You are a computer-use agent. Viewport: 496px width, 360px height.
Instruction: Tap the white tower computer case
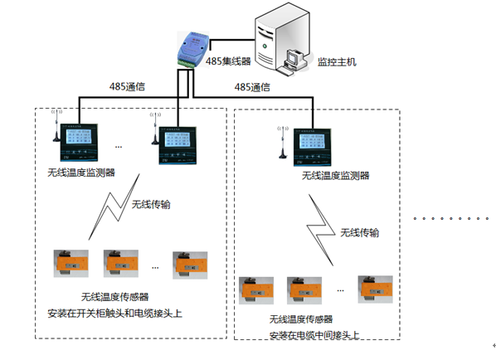pyautogui.click(x=274, y=39)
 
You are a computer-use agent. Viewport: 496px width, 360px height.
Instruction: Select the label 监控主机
pyautogui.click(x=336, y=61)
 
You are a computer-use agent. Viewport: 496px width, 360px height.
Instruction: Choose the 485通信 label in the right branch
pyautogui.click(x=255, y=86)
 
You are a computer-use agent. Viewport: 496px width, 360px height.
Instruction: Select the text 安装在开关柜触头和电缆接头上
pyautogui.click(x=114, y=314)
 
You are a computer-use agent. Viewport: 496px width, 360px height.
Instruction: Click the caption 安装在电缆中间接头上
pyautogui.click(x=314, y=335)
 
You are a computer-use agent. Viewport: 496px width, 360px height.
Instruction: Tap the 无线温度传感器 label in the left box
pyautogui.click(x=114, y=296)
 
